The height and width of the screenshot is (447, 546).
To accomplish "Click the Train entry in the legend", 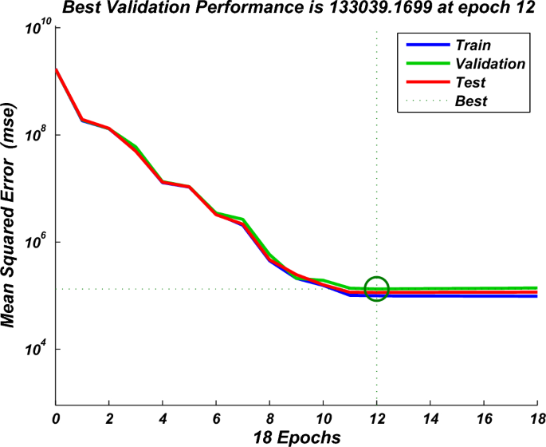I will [x=473, y=45].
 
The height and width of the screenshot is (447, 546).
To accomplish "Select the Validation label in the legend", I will [x=489, y=63].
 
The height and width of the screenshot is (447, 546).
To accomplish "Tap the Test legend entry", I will [x=469, y=82].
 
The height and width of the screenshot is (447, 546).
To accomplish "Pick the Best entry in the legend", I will [x=470, y=101].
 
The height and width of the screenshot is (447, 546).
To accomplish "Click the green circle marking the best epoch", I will [x=376, y=289].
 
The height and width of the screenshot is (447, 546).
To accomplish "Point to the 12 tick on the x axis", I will [x=376, y=418].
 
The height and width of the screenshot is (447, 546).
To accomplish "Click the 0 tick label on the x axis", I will [x=56, y=418].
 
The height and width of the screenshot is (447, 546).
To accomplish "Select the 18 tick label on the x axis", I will [x=536, y=418].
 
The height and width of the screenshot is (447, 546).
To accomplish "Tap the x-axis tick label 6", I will [x=216, y=418].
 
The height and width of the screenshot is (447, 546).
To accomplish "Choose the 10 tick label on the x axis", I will [x=323, y=418].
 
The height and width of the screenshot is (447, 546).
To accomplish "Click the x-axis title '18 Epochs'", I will [x=297, y=437].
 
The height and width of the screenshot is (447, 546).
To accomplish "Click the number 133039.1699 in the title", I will [x=355, y=9].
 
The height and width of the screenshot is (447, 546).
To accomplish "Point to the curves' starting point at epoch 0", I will [x=56, y=69].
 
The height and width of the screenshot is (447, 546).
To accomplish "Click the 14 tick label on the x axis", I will [x=430, y=418].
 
